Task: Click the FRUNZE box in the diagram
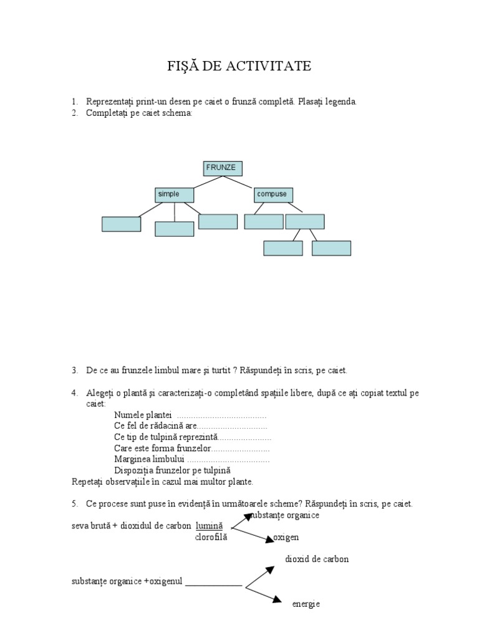(x=223, y=168)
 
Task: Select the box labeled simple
(x=175, y=195)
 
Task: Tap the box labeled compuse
(x=273, y=195)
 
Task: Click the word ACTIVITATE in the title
(x=268, y=66)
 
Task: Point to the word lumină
(x=210, y=526)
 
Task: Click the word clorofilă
(x=211, y=537)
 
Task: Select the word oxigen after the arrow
(x=286, y=538)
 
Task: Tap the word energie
(x=306, y=604)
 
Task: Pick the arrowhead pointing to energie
(x=277, y=599)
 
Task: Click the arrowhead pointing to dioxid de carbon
(x=270, y=570)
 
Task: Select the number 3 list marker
(x=75, y=371)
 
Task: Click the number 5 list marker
(x=75, y=503)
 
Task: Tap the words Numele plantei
(x=143, y=416)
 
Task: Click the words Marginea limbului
(x=150, y=459)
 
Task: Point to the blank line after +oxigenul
(x=214, y=586)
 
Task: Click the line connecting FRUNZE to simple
(x=208, y=183)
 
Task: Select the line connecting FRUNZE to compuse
(x=238, y=183)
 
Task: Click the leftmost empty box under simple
(x=122, y=224)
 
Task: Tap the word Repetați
(x=87, y=482)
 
